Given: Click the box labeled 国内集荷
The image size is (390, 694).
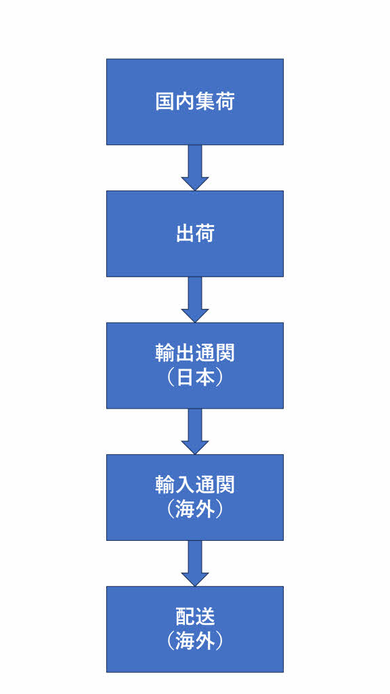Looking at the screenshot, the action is [194, 102].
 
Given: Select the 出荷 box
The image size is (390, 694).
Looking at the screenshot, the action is [194, 234].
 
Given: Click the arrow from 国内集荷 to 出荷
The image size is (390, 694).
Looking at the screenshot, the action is [194, 168].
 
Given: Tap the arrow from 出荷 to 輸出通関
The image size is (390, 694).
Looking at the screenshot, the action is [194, 300].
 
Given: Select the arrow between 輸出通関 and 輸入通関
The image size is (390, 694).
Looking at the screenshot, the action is [194, 432].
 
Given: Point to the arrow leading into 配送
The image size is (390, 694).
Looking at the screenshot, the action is [194, 563].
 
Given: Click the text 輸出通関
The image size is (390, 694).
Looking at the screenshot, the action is [194, 354].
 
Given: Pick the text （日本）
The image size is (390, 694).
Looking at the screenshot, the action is [194, 377].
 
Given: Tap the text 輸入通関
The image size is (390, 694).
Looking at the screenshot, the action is [194, 485].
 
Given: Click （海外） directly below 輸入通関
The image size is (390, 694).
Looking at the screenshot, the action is [194, 510].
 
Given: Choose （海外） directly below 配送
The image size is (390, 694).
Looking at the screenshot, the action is [194, 641].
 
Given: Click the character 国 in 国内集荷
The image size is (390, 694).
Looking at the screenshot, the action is [165, 102].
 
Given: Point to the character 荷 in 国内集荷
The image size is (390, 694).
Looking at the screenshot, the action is [225, 102].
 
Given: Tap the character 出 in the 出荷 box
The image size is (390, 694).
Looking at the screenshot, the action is [185, 234].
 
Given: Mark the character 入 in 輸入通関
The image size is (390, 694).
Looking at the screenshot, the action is [185, 485].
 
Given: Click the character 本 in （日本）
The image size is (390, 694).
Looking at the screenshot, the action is [204, 377].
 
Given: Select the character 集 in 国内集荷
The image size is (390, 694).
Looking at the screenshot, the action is [204, 102].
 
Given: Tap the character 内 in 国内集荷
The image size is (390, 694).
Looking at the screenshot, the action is [185, 102].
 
